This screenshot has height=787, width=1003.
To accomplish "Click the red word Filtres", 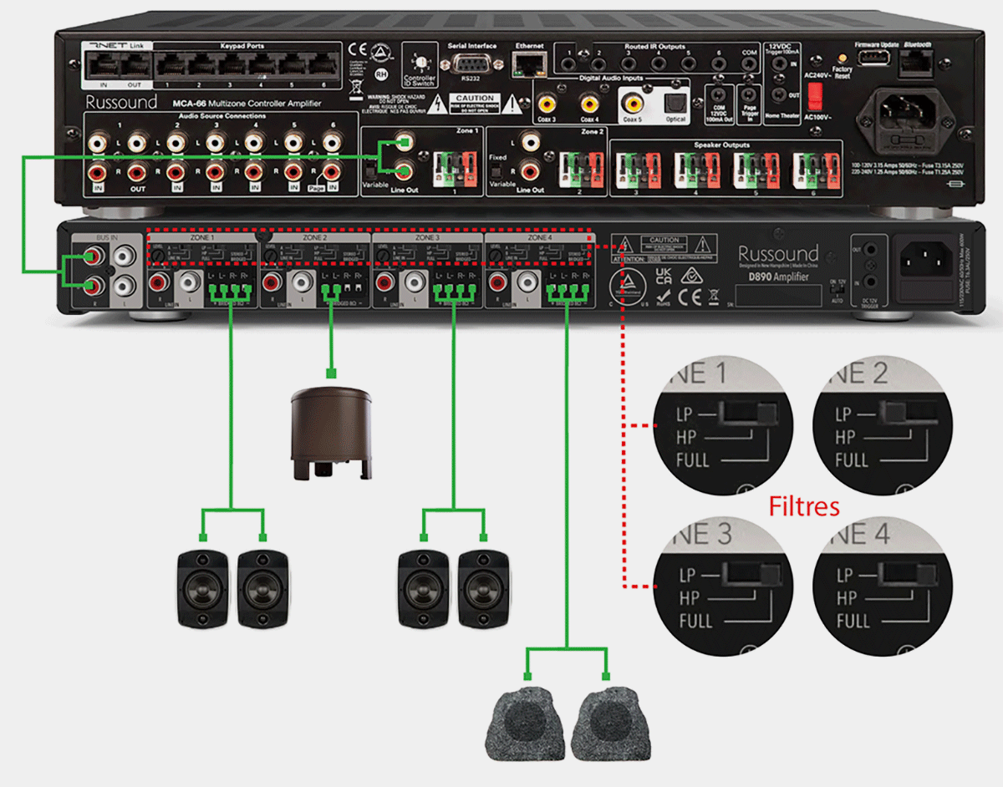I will point(803,505).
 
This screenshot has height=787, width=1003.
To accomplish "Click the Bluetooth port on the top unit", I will point(918,60).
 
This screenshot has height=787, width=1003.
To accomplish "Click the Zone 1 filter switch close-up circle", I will point(723,426).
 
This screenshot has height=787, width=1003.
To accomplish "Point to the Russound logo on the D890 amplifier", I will point(777,254).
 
